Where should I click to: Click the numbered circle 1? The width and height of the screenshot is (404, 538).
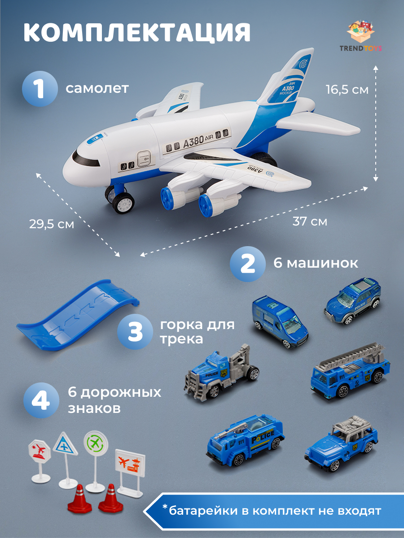pos(40,88)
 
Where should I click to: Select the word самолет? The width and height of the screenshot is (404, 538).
pos(97,88)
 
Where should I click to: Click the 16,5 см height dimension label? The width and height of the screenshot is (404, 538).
pos(347,90)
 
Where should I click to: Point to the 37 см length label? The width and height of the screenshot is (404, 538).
pos(310,221)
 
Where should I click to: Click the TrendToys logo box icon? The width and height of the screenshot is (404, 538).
pos(364,32)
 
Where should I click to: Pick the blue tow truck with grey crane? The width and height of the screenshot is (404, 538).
pos(221,373)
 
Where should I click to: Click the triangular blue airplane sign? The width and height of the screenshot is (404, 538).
pos(65,444)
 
